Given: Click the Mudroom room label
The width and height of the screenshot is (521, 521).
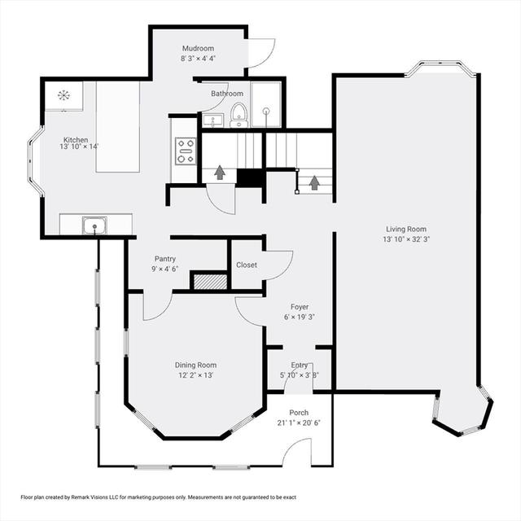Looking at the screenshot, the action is [x=198, y=48].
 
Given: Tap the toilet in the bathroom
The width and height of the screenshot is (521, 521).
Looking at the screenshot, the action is [x=239, y=115].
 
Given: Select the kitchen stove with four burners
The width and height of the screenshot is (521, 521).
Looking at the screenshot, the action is [x=186, y=151].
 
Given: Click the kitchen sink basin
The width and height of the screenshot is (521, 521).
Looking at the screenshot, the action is [x=94, y=225].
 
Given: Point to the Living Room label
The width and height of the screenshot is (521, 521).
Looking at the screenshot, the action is [x=406, y=229].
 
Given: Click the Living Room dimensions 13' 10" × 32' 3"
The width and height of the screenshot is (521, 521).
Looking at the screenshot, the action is [x=406, y=239].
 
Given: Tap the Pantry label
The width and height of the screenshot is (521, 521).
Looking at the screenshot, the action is [x=165, y=259].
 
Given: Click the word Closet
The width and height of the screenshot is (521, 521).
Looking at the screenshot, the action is [x=247, y=265].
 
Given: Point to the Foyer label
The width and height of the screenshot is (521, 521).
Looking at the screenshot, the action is [x=300, y=307].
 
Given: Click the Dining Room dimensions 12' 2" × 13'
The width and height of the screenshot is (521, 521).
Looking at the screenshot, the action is [x=195, y=375].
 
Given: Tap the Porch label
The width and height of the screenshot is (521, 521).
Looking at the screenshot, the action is [x=299, y=413].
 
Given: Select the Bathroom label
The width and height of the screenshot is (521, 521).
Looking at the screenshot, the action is [x=227, y=94].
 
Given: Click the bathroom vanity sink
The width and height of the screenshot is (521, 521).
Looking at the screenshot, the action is [x=212, y=120].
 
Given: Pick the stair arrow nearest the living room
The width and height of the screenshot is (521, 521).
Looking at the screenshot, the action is [x=314, y=182].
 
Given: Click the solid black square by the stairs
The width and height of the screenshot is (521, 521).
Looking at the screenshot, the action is [x=250, y=178].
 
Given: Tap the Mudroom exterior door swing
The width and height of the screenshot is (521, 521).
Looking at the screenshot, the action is [x=262, y=53].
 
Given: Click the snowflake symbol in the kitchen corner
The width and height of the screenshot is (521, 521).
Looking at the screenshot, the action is [x=63, y=95].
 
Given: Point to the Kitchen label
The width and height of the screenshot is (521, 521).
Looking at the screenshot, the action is [x=76, y=140].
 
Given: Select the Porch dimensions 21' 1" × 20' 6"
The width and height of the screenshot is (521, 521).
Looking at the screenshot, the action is [x=299, y=423].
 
